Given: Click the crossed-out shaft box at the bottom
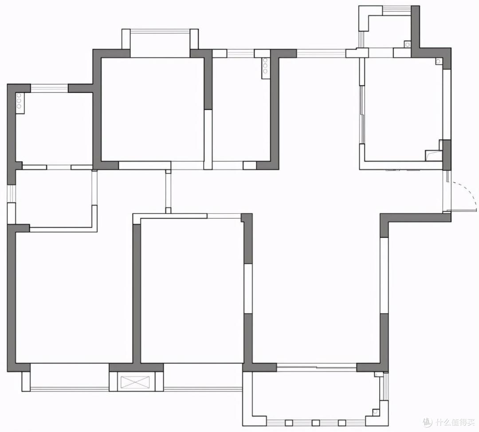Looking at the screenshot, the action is click(x=136, y=383).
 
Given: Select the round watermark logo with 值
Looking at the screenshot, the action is click(x=427, y=423).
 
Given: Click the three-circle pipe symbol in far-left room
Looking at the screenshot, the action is click(x=19, y=101).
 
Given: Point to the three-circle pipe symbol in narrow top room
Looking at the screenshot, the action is click(x=265, y=66).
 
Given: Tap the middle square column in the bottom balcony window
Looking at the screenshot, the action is click(x=316, y=423).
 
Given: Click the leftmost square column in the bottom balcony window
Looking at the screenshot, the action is click(x=289, y=423).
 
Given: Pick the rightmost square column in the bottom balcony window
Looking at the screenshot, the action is click(x=342, y=423).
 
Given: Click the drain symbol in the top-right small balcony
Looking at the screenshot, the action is click(x=407, y=44).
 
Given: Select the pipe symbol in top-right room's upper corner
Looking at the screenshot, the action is click(x=438, y=61).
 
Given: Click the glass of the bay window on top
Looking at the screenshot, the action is click(x=160, y=31).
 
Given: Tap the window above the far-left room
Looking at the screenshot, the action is click(x=49, y=88).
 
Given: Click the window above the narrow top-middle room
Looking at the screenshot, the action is click(x=240, y=54).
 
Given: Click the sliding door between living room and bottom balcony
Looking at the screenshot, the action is click(x=317, y=368).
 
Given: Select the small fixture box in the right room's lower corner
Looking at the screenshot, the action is click(x=433, y=155).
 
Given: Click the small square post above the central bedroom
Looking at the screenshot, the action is click(x=168, y=211).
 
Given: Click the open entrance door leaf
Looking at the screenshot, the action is click(x=461, y=210).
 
